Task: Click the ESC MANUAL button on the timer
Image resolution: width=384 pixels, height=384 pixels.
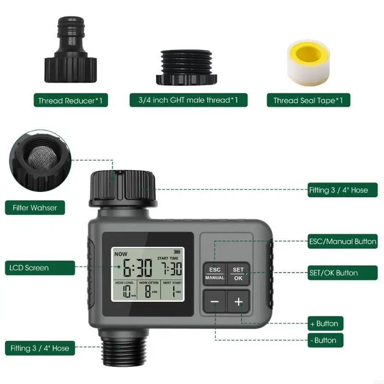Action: click(215, 273)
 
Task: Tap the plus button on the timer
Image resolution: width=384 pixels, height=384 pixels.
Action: click(239, 302)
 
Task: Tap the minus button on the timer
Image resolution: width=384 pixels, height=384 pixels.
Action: click(215, 302)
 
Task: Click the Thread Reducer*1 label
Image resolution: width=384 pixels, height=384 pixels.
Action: click(70, 100)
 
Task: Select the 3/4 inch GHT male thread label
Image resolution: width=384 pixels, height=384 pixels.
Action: click(188, 100)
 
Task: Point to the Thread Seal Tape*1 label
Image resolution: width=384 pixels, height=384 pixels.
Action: click(308, 100)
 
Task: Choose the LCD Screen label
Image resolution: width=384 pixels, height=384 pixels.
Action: click(29, 267)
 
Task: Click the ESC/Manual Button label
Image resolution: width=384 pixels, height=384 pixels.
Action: click(342, 241)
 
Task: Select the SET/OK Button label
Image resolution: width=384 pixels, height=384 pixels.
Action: click(333, 273)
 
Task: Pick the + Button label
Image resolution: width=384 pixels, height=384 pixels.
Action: click(325, 324)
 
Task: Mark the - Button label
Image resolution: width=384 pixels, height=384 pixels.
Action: click(325, 340)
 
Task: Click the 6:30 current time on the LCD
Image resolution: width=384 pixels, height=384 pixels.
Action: click(137, 268)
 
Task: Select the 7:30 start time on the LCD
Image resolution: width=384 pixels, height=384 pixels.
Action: click(171, 268)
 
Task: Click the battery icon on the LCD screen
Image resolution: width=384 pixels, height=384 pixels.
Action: click(179, 251)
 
